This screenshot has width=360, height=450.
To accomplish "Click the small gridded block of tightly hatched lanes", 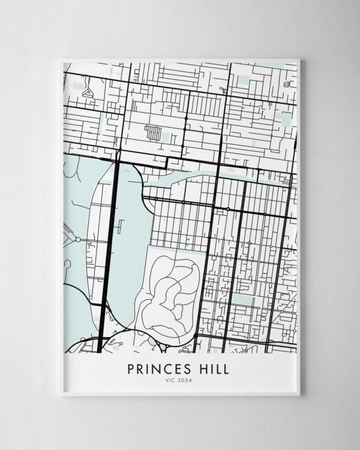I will (x=153, y=133).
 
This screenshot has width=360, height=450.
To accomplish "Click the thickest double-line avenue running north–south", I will (x=109, y=252).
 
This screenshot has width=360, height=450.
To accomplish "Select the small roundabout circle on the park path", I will (x=77, y=239).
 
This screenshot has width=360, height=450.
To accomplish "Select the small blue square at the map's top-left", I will (x=79, y=86).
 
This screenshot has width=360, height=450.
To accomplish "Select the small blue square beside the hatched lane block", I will (x=166, y=137).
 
